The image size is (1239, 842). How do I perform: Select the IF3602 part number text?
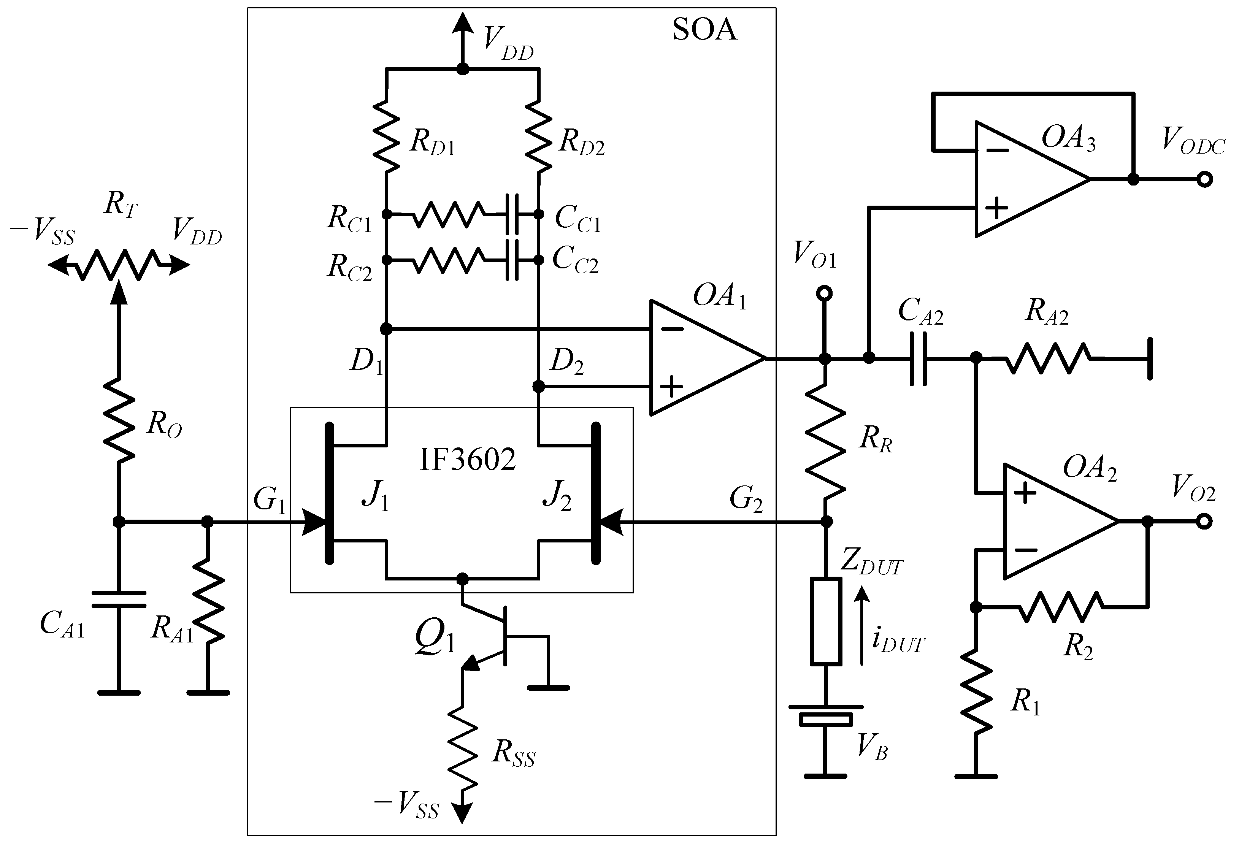click(468, 459)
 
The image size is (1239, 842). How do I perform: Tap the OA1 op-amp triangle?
click(698, 358)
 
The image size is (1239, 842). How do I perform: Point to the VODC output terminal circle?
click(1204, 179)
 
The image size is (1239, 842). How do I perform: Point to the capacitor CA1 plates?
click(118, 599)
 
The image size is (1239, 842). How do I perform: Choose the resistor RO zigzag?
click(118, 421)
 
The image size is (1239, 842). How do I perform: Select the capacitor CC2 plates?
click(513, 260)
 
